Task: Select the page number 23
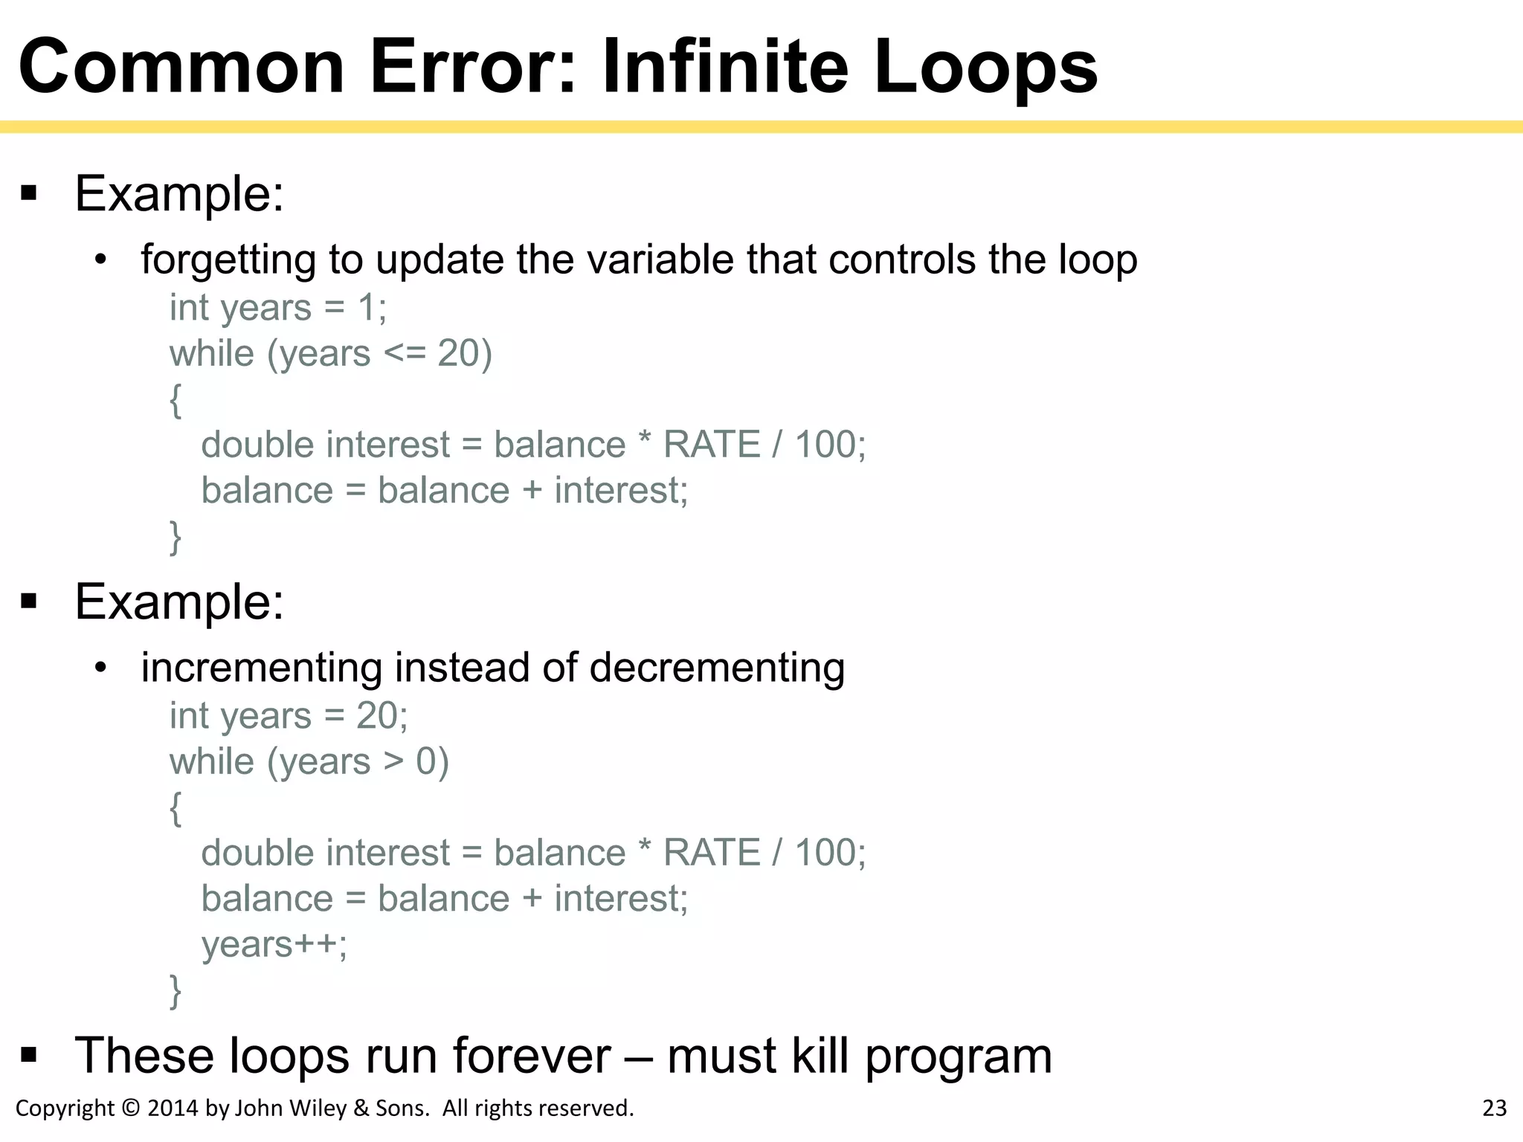pyautogui.click(x=1494, y=1108)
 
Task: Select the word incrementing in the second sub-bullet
pyautogui.click(x=261, y=667)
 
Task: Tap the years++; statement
pyautogui.click(x=274, y=945)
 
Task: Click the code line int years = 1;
pyautogui.click(x=277, y=308)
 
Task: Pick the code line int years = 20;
pyautogui.click(x=289, y=716)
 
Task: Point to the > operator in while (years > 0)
pyautogui.click(x=393, y=762)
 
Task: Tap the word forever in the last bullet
pyautogui.click(x=532, y=1055)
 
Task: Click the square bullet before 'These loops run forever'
pyautogui.click(x=29, y=1054)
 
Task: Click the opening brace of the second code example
pyautogui.click(x=176, y=808)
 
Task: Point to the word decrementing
pyautogui.click(x=717, y=667)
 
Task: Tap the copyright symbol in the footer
pyautogui.click(x=131, y=1108)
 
